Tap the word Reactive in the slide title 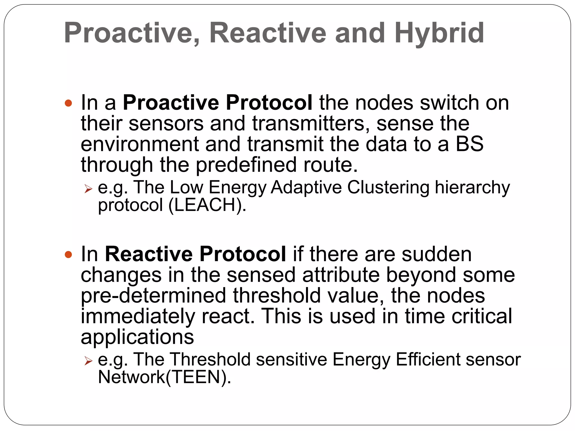[268, 33]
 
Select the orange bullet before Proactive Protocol [68, 103]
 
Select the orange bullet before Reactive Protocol [68, 255]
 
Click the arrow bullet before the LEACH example [88, 189]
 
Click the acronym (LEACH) [207, 205]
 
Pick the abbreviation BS [469, 144]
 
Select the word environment [140, 144]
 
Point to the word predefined [246, 165]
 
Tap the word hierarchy [472, 188]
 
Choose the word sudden [436, 254]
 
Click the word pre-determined [153, 296]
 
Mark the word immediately [138, 317]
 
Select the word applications [137, 337]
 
